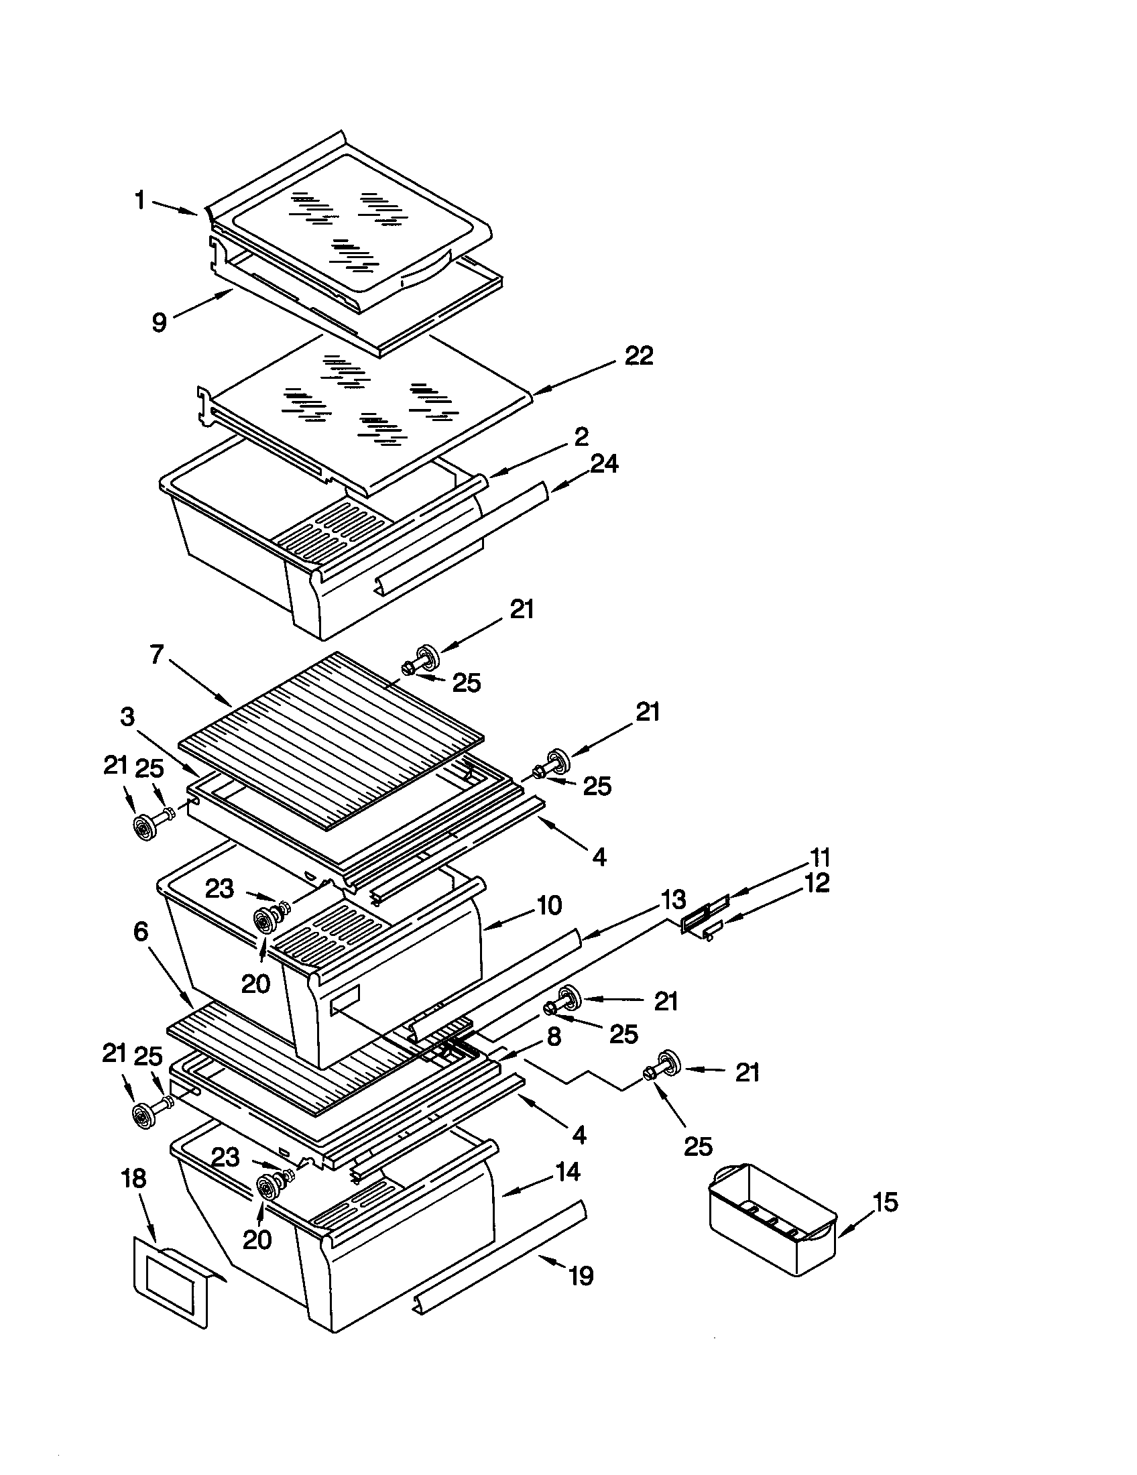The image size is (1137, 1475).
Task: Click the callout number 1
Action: click(x=140, y=200)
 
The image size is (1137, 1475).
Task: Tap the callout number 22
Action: click(x=639, y=355)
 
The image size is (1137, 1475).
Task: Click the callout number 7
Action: click(x=157, y=654)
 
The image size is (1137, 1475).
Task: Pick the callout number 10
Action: click(x=550, y=905)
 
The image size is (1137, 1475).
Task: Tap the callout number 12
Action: click(x=817, y=883)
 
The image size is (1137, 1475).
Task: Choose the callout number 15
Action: click(x=886, y=1201)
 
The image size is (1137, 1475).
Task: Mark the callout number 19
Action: click(x=581, y=1275)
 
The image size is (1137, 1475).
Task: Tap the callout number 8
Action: click(x=554, y=1036)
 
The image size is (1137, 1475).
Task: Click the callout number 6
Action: click(x=140, y=931)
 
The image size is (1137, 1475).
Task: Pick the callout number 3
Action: click(x=127, y=717)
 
